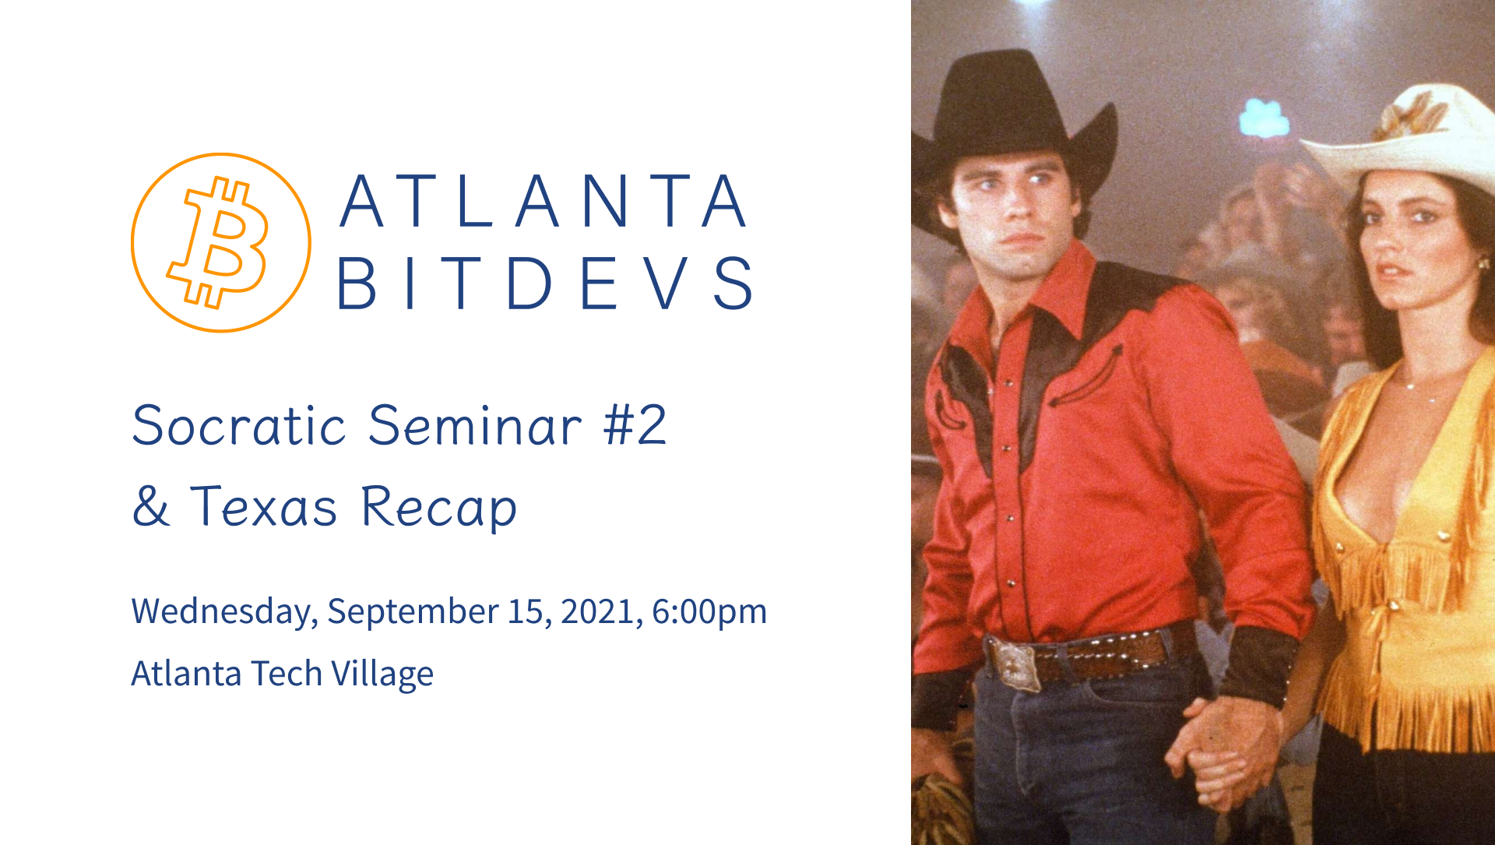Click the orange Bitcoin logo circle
tap(221, 242)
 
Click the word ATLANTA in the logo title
tap(544, 202)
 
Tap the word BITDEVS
tap(546, 283)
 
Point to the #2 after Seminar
tap(635, 425)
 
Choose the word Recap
tap(439, 507)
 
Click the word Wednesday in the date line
tap(224, 611)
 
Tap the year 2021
tap(601, 611)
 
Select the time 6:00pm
tap(709, 611)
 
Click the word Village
tap(382, 674)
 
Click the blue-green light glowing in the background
tap(1264, 119)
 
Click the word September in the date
tap(413, 611)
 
